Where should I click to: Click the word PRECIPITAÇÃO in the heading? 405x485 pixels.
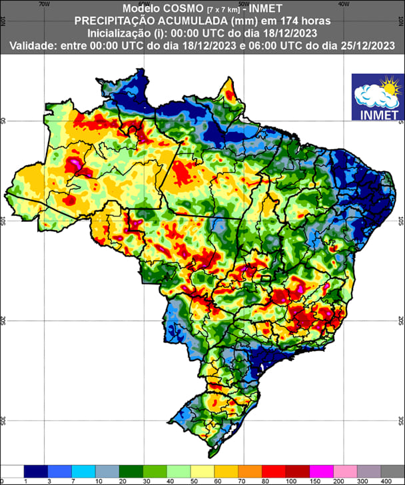(112, 21)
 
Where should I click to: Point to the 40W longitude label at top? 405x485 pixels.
(344, 3)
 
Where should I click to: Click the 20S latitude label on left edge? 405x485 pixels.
(3, 320)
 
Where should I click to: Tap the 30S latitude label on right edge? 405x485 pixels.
(400, 420)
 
